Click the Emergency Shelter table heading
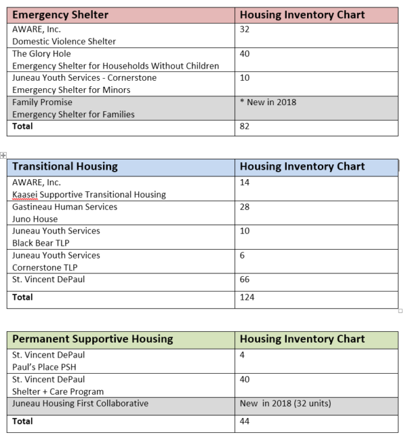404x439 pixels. pyautogui.click(x=60, y=15)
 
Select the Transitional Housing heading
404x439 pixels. pyautogui.click(x=65, y=166)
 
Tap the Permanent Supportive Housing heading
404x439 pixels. pyautogui.click(x=92, y=339)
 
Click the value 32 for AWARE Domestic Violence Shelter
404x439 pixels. pyautogui.click(x=245, y=29)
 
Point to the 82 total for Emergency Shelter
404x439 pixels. pyautogui.click(x=245, y=126)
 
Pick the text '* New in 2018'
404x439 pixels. pyautogui.click(x=268, y=102)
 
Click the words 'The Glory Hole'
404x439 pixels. pyautogui.click(x=41, y=54)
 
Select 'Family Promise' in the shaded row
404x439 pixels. pyautogui.click(x=42, y=102)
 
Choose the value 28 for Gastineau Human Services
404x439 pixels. pyautogui.click(x=245, y=207)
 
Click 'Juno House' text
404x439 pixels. pyautogui.click(x=35, y=219)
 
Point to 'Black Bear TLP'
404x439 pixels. pyautogui.click(x=41, y=243)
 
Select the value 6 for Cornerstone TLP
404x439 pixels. pyautogui.click(x=242, y=255)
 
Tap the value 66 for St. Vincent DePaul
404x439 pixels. pyautogui.click(x=245, y=279)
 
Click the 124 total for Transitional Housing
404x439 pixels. pyautogui.click(x=247, y=297)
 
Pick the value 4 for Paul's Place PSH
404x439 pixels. pyautogui.click(x=242, y=355)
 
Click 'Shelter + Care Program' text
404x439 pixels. pyautogui.click(x=58, y=391)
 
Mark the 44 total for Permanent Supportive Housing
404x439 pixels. pyautogui.click(x=245, y=421)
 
